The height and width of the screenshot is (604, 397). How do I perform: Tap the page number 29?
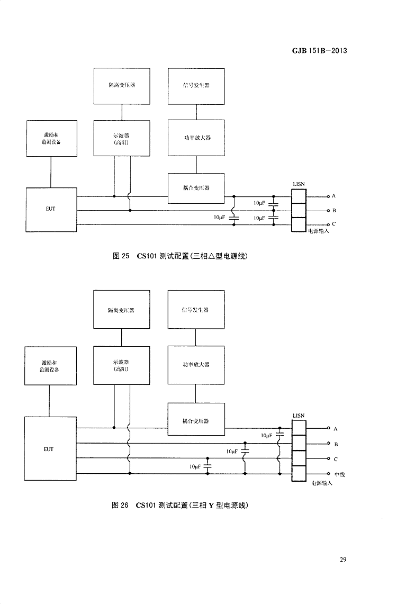coord(343,560)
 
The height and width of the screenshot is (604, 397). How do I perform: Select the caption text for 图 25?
coord(181,256)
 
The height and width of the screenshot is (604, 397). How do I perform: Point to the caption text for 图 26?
coord(180,505)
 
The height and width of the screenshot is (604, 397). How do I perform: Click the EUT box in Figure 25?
coord(51,209)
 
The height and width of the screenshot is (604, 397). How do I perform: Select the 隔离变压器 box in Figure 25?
coord(122,85)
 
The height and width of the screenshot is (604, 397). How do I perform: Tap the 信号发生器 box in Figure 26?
coord(195,310)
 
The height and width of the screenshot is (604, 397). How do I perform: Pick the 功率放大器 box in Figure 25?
coord(196,138)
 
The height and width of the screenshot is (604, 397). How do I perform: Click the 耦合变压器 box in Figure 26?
coord(196,420)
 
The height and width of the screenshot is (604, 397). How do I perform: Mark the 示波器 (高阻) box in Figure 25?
coord(122,138)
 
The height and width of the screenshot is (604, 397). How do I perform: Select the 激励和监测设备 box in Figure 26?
coord(51,366)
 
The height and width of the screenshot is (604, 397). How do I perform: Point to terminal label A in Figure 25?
coord(334,196)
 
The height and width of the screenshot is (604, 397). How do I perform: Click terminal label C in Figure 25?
coord(334,224)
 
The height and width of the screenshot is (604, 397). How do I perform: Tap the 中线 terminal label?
coord(339,474)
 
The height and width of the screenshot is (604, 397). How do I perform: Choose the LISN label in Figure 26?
coord(299,415)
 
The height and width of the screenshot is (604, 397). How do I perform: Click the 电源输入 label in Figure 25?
coord(319,231)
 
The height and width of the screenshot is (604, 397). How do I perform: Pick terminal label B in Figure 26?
coord(336,445)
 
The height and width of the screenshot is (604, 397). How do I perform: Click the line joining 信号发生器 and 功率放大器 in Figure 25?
coord(196,112)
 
